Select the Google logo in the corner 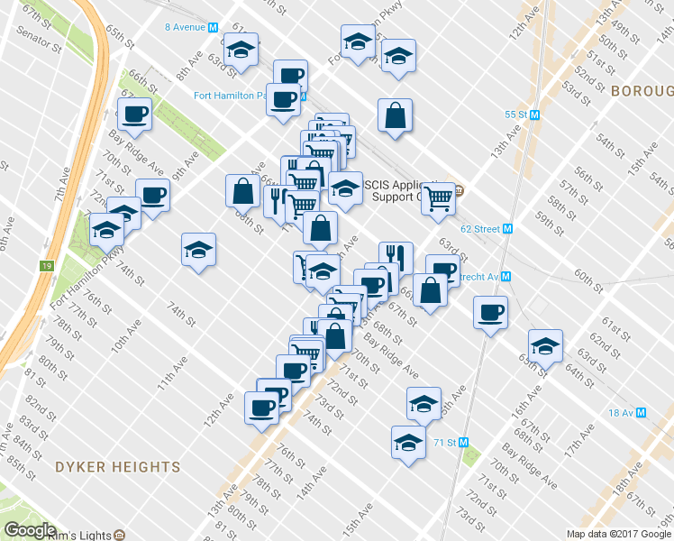30,530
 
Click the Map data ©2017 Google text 618,534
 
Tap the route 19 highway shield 47,266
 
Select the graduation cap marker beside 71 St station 408,444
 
